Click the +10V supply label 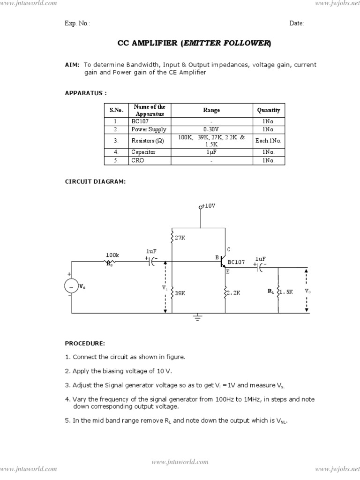209,206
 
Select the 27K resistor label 180,238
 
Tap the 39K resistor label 180,293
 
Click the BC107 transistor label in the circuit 236,262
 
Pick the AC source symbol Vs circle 71,286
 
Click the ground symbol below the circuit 197,319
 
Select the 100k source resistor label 112,255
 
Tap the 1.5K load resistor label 286,292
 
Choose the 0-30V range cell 211,129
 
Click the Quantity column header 269,110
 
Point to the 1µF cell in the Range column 211,152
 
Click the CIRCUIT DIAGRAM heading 95,181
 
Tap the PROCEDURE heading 85,344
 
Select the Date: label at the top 296,23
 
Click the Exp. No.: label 77,23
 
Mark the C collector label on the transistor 229,249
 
